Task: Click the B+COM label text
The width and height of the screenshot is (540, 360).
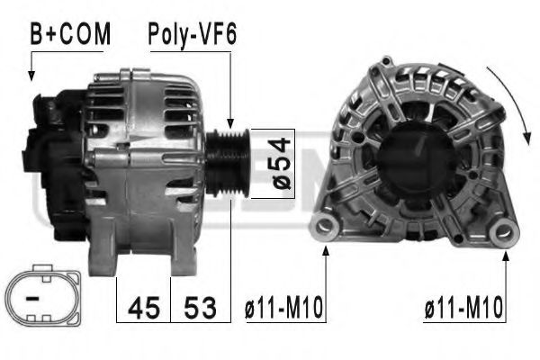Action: pos(70,35)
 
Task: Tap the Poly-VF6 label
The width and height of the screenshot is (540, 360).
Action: pos(192,35)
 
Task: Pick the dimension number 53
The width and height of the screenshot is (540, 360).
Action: pos(201,308)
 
